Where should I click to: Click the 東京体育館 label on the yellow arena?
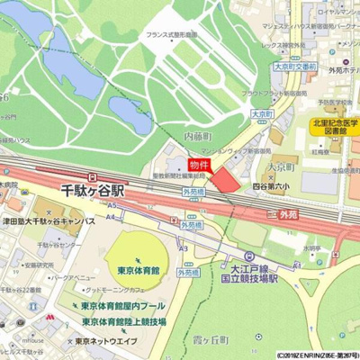pyautogui.click(x=137, y=269)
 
